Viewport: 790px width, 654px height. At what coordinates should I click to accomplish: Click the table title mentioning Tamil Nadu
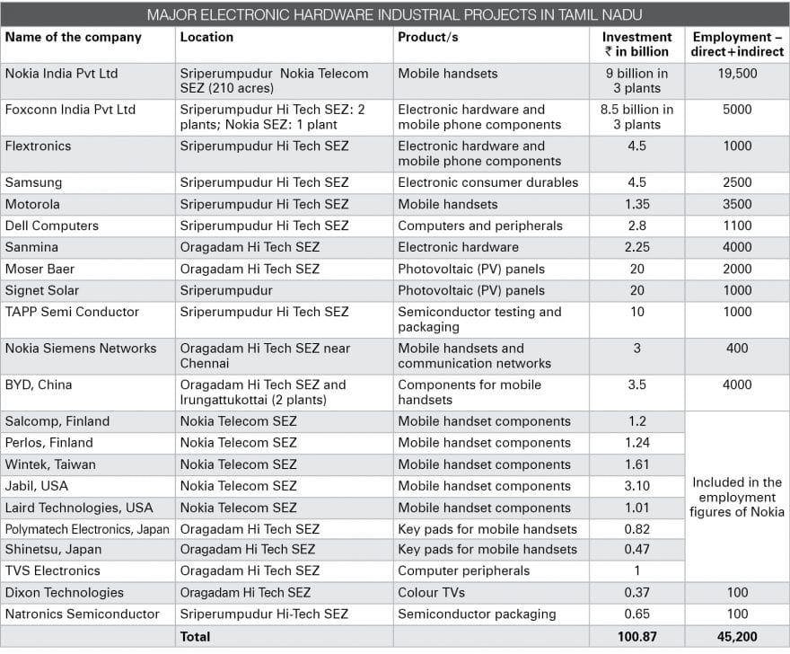pos(394,14)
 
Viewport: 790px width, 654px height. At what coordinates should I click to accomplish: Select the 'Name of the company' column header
pos(73,38)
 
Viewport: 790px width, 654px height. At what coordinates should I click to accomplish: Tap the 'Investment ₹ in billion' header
pos(636,44)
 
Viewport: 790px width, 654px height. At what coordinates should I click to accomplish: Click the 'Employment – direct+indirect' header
pos(737,44)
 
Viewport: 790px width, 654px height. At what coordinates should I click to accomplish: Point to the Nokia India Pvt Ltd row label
pos(61,74)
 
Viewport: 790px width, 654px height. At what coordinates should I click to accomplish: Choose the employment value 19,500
pos(737,74)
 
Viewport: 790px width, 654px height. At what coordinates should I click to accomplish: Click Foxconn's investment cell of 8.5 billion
pos(636,117)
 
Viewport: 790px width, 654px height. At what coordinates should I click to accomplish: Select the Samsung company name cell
pos(33,182)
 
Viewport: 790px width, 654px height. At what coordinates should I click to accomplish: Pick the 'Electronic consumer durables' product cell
pos(487,182)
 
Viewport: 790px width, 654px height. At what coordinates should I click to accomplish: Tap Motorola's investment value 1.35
pos(636,204)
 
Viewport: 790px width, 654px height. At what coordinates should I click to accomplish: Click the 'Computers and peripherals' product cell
pos(479,225)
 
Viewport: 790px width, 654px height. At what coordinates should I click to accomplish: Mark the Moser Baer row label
pos(39,270)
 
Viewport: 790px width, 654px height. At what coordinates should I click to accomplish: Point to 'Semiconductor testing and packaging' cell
pos(479,319)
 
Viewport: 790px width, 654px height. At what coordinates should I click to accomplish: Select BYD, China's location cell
pos(263,393)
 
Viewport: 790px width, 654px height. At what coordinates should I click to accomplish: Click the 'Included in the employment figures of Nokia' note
pos(737,497)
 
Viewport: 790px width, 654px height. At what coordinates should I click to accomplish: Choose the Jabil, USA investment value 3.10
pos(636,486)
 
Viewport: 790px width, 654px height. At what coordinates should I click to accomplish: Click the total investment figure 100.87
pos(636,637)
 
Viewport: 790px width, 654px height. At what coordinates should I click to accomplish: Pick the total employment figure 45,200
pos(737,637)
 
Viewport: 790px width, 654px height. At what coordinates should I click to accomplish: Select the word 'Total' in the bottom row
pos(195,637)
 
